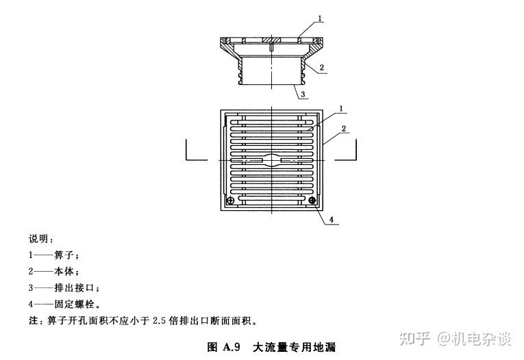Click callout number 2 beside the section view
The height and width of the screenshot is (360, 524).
click(321, 68)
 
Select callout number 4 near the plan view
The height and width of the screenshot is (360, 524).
click(331, 220)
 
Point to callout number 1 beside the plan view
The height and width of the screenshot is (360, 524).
click(340, 108)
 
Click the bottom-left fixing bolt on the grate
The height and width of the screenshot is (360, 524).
click(231, 200)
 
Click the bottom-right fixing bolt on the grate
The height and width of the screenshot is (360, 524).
click(312, 200)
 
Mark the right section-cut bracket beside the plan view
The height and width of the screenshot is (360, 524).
click(347, 151)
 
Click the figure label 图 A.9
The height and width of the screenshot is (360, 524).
click(223, 347)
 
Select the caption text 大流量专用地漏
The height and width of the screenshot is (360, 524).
click(294, 347)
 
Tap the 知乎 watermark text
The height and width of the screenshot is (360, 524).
click(416, 338)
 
